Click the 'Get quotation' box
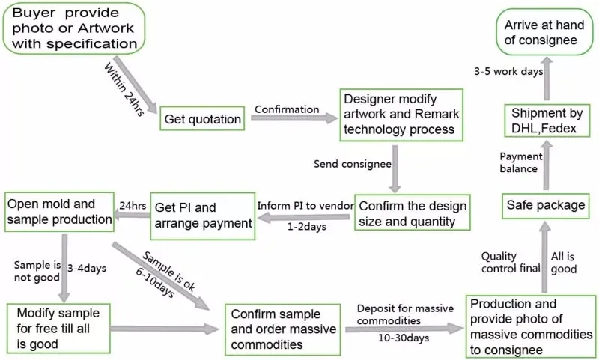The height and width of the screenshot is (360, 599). pos(202,118)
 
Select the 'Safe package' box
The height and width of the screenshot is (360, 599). pos(546,205)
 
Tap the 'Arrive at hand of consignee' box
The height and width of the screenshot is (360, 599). pos(544,32)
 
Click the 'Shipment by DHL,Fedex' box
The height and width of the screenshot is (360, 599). pos(547,120)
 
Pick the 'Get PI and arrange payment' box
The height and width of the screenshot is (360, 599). pos(202,216)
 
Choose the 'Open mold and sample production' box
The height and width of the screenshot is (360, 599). pos(59,212)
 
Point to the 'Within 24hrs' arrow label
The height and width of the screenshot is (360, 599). pos(124,89)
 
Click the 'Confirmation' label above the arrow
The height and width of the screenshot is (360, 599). pos(287,109)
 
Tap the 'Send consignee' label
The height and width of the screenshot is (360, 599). pos(353,164)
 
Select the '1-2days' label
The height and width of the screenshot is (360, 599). pos(307,226)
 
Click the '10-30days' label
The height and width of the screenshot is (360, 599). pos(404,338)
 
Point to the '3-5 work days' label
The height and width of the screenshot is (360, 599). pos(508,71)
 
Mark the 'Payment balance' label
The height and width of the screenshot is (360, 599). pos(520,162)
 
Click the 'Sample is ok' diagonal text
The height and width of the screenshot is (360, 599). pos(169,271)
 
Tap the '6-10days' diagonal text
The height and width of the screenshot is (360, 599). pos(155,282)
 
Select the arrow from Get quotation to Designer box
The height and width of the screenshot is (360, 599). pos(294,118)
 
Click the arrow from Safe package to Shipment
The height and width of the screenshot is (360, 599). pos(547,165)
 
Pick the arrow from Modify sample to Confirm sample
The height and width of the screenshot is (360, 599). pos(164,329)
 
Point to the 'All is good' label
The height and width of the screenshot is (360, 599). pos(564,263)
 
